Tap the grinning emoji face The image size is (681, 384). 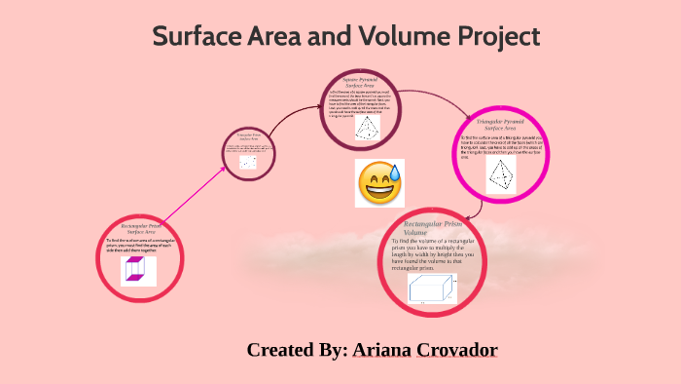tap(380, 182)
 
